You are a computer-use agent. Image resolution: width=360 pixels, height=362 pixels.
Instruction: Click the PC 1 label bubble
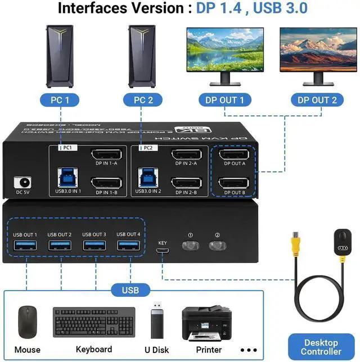(60, 101)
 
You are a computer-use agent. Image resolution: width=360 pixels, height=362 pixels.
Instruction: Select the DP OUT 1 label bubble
(225, 101)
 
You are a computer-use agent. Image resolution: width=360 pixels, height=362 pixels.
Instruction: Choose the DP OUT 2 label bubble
(318, 101)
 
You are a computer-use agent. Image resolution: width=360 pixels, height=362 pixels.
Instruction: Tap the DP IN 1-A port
(106, 155)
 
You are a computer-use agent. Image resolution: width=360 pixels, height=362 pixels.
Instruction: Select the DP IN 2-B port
(186, 183)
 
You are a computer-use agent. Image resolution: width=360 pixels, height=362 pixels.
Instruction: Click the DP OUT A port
(233, 155)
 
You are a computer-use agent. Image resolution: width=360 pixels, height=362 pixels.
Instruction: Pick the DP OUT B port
(233, 183)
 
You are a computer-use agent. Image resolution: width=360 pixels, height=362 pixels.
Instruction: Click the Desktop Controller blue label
(322, 347)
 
